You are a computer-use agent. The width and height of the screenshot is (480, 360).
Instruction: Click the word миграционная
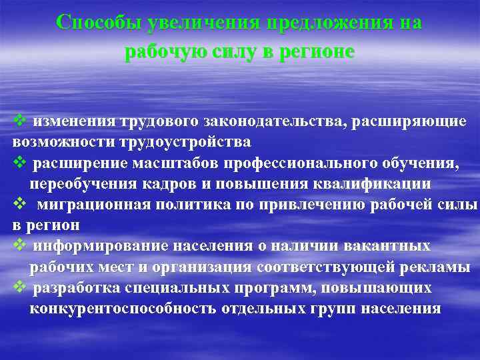[x=83, y=205]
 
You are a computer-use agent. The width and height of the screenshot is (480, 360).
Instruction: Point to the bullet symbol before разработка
[x=19, y=287]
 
